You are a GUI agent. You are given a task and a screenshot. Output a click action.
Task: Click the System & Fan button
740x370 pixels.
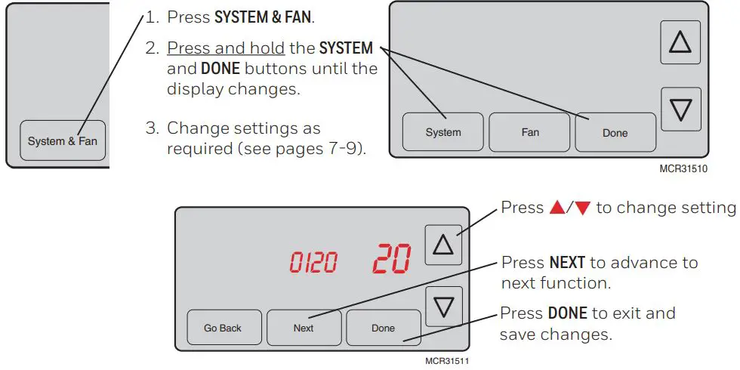pyautogui.click(x=63, y=140)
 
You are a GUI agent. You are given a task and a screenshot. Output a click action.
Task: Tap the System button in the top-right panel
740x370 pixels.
pyautogui.click(x=442, y=132)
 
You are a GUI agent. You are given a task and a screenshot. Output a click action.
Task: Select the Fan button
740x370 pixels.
pyautogui.click(x=530, y=132)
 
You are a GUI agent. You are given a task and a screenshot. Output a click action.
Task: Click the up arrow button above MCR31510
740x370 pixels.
pyautogui.click(x=680, y=42)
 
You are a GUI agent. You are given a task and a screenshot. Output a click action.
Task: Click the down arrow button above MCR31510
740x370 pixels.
pyautogui.click(x=680, y=109)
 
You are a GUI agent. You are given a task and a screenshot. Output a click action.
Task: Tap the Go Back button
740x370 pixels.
pyautogui.click(x=224, y=328)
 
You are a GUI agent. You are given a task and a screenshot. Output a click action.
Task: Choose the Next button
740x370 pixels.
pyautogui.click(x=304, y=328)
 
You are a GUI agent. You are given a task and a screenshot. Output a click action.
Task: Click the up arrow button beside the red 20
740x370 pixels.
pyautogui.click(x=443, y=245)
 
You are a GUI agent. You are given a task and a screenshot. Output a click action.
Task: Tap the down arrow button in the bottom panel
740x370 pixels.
pyautogui.click(x=443, y=307)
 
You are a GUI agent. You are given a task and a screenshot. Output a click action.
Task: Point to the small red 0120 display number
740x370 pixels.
pyautogui.click(x=314, y=262)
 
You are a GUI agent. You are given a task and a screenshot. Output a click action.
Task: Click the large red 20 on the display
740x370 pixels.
pyautogui.click(x=391, y=258)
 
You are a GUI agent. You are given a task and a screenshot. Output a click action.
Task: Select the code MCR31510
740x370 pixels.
pyautogui.click(x=683, y=169)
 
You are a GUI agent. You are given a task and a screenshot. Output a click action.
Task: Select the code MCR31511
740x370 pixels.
pyautogui.click(x=447, y=361)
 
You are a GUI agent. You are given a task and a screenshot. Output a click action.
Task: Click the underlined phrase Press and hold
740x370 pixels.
pyautogui.click(x=226, y=48)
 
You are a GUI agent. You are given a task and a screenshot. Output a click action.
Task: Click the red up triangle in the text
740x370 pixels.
pyautogui.click(x=557, y=208)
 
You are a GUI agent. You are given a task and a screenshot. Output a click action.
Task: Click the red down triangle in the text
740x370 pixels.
pyautogui.click(x=582, y=208)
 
